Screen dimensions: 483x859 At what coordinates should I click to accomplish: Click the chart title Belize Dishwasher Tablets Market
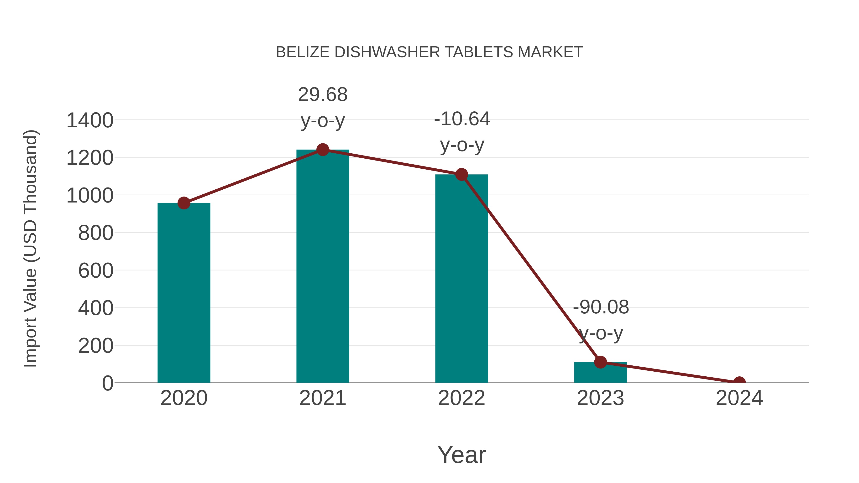coord(429,52)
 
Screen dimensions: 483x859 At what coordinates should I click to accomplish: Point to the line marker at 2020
coord(184,203)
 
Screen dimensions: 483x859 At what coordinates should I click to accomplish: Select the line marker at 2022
coord(461,174)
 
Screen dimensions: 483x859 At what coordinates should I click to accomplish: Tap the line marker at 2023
coord(600,362)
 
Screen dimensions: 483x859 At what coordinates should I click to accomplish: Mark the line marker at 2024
coord(739,382)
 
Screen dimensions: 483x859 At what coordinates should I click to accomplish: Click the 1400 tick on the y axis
coord(90,120)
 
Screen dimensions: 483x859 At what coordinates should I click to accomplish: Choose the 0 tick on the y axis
coord(107,383)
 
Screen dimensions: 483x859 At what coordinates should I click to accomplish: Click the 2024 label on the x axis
coord(739,398)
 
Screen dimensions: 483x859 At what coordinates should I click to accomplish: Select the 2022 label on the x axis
coord(461,398)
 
